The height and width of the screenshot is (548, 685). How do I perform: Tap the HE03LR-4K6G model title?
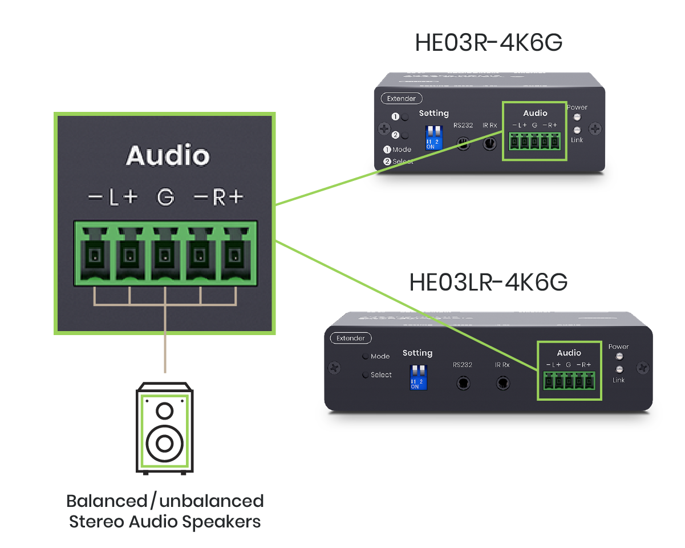tap(489, 283)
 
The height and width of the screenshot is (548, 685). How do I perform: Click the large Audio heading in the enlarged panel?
tap(168, 156)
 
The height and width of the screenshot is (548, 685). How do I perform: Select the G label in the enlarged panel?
tap(165, 198)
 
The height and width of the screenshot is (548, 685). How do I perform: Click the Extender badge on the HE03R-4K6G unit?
tap(402, 98)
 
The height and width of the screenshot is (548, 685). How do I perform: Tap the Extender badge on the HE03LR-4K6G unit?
tap(351, 338)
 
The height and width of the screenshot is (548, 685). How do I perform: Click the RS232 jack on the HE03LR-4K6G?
tap(464, 383)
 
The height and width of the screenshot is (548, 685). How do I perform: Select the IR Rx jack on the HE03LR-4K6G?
tap(502, 383)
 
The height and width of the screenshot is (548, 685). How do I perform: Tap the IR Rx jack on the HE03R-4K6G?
tap(489, 143)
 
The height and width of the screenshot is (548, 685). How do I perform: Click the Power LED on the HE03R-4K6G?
tap(577, 117)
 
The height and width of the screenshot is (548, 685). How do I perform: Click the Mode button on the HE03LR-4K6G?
tap(365, 356)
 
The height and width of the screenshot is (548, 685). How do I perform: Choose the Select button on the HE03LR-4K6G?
tap(365, 375)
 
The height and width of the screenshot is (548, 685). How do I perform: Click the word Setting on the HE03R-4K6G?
tap(433, 114)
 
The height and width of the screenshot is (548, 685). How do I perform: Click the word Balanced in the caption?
tap(106, 501)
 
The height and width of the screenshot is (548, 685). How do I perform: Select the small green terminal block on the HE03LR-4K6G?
tap(569, 380)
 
